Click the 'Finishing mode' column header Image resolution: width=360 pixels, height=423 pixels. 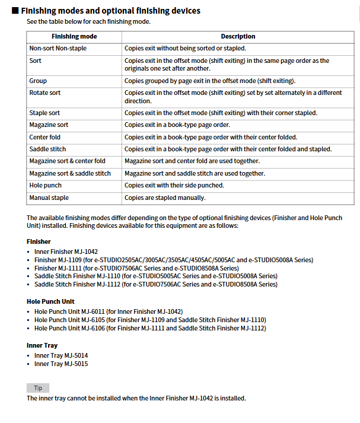point(74,36)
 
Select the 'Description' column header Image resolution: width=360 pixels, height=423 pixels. point(238,36)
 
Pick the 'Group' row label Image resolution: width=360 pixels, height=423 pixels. point(38,81)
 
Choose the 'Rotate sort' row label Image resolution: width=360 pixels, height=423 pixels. point(44,93)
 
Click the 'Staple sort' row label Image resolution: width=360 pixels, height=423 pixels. point(44,113)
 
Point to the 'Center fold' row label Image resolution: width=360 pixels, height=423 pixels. point(44,137)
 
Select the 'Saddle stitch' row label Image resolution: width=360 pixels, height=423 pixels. point(47,149)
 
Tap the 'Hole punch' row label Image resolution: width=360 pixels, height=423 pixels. point(45,185)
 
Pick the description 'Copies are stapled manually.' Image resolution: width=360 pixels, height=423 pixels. point(165,198)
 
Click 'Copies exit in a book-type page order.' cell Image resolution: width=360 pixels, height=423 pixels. point(177,125)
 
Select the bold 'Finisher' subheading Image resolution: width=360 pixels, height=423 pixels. point(39,241)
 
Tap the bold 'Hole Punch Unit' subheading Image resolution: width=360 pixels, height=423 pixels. point(50,301)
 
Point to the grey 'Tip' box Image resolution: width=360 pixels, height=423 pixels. point(38,388)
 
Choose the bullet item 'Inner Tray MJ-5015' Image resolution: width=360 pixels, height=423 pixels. point(61,364)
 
